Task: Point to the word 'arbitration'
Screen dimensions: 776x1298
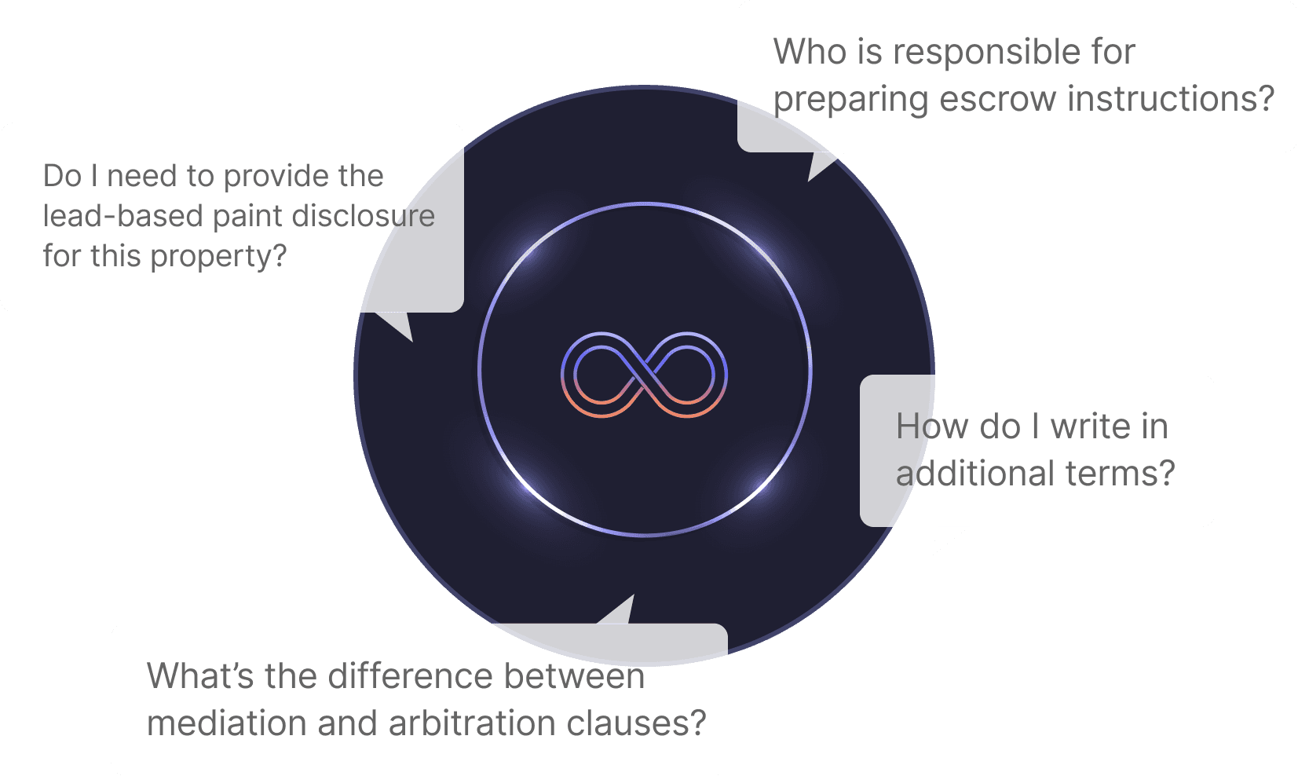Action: pos(471,723)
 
